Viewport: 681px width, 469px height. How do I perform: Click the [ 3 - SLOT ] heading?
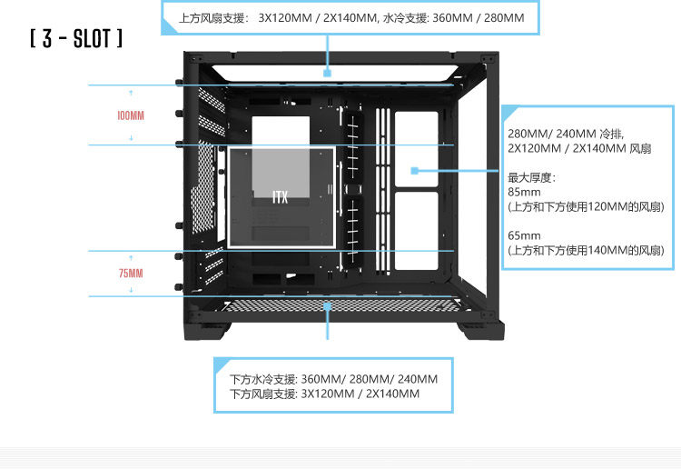(76, 40)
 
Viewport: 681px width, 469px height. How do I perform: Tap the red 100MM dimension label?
(131, 115)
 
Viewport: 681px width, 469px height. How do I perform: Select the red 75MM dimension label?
(131, 273)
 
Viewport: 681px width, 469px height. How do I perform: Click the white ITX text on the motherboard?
(280, 196)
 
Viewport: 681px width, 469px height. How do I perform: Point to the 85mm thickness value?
(524, 192)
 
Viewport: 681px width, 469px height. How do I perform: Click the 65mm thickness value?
(524, 234)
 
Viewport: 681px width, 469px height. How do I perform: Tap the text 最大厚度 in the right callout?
(531, 177)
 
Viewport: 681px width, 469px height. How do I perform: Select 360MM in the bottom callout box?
(320, 378)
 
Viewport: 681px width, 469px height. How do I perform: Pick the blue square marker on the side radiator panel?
(414, 170)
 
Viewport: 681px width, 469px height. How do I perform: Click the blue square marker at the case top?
(327, 72)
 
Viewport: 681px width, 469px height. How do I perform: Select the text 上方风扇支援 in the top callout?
(212, 17)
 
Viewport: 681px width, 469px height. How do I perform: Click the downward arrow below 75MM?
(131, 289)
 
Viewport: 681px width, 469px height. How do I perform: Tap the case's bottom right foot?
(481, 326)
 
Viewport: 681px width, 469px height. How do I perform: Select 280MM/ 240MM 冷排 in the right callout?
(566, 133)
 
